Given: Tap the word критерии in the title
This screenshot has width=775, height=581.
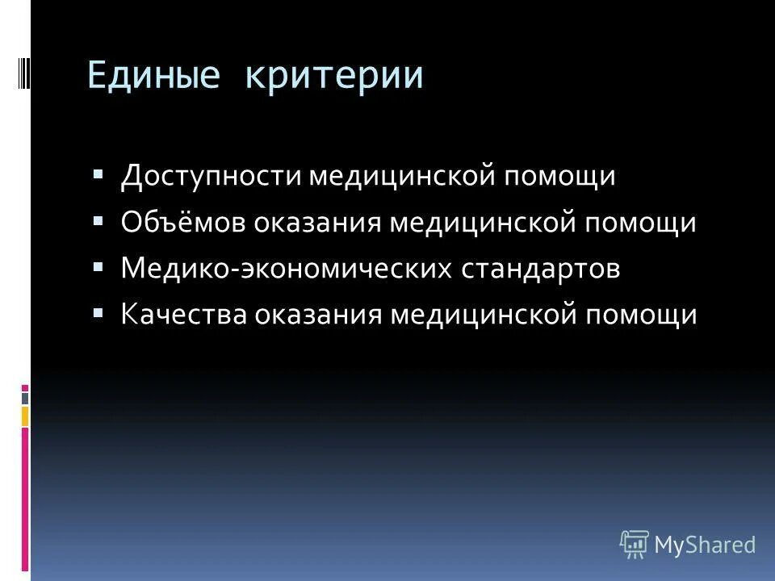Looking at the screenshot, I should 335,75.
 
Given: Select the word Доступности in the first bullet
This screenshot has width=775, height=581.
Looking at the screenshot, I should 212,176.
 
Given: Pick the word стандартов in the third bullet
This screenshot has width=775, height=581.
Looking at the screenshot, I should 541,269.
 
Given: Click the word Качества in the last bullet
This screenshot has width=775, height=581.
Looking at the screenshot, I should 186,315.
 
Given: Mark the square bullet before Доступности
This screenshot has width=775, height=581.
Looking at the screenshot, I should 98,174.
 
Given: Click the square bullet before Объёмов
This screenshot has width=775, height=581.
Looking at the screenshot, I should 98,220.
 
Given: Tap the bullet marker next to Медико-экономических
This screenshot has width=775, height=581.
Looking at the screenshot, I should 98,266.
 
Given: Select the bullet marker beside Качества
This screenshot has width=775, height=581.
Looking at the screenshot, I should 98,312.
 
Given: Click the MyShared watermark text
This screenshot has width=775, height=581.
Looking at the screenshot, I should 705,545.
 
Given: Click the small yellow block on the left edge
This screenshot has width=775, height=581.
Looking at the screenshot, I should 25,416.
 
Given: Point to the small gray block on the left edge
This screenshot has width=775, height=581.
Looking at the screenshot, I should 25,398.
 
